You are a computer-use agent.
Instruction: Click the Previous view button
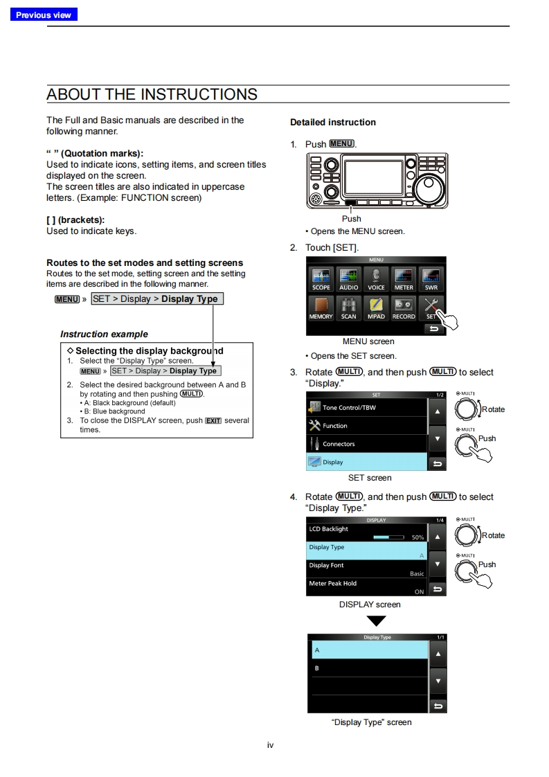[43, 15]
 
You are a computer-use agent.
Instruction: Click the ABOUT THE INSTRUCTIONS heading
[152, 94]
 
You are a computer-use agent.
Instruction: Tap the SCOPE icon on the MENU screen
[321, 279]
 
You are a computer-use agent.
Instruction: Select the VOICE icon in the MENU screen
[376, 279]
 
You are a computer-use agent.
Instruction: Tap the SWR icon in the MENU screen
[431, 279]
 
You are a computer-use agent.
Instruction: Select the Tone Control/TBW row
[367, 407]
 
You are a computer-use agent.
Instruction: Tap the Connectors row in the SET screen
[367, 444]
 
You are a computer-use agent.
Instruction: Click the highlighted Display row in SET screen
[367, 462]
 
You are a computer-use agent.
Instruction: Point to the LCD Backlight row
[367, 533]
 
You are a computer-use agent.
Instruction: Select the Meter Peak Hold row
[367, 587]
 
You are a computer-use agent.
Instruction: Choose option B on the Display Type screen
[368, 668]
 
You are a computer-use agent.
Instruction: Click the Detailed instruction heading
[333, 123]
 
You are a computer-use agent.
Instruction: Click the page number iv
[271, 745]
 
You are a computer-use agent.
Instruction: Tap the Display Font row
[367, 569]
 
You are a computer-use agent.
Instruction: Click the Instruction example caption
[104, 334]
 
